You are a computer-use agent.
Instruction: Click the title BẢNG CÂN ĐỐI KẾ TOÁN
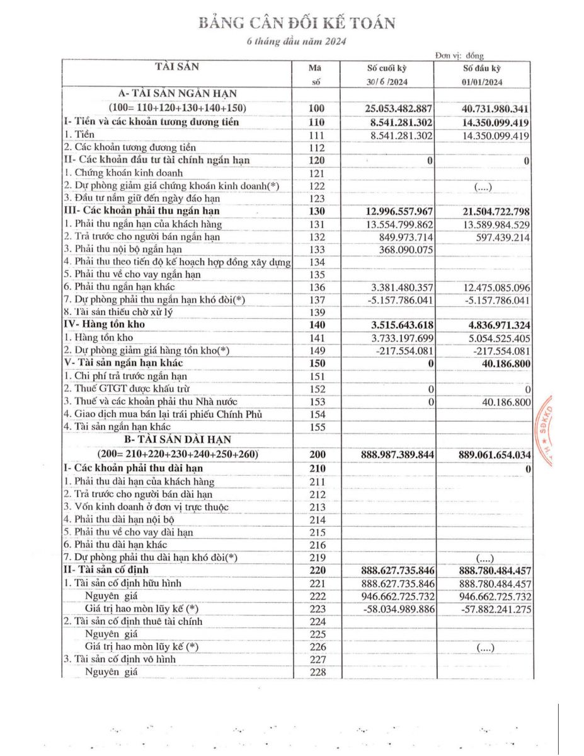tap(297, 23)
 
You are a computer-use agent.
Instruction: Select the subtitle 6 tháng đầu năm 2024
tap(295, 42)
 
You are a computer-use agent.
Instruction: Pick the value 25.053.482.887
tap(399, 108)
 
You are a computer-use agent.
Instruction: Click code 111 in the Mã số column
tap(317, 135)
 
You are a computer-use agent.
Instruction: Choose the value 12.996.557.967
tap(399, 211)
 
